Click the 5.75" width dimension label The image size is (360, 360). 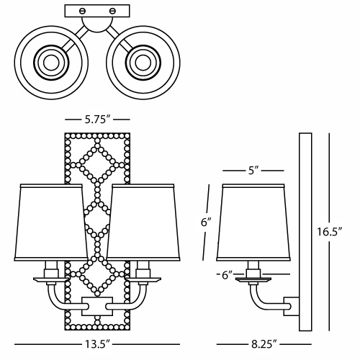97,119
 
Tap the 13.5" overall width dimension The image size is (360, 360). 97,344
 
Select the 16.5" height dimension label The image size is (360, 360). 329,232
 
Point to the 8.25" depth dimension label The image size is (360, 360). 264,344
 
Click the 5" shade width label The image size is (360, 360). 253,171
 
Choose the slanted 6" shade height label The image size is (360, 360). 206,222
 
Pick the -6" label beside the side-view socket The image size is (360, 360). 225,275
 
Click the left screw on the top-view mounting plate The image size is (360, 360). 82,11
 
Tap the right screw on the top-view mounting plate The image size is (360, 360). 112,11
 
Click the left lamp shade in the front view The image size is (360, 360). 51,222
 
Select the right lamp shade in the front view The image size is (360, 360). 143,222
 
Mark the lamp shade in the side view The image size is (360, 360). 253,222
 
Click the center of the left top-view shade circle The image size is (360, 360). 51,63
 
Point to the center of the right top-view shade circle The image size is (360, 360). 143,63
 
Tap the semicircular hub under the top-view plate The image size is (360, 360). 97,24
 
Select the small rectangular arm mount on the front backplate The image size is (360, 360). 97,306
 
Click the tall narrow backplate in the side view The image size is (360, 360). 305,232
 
